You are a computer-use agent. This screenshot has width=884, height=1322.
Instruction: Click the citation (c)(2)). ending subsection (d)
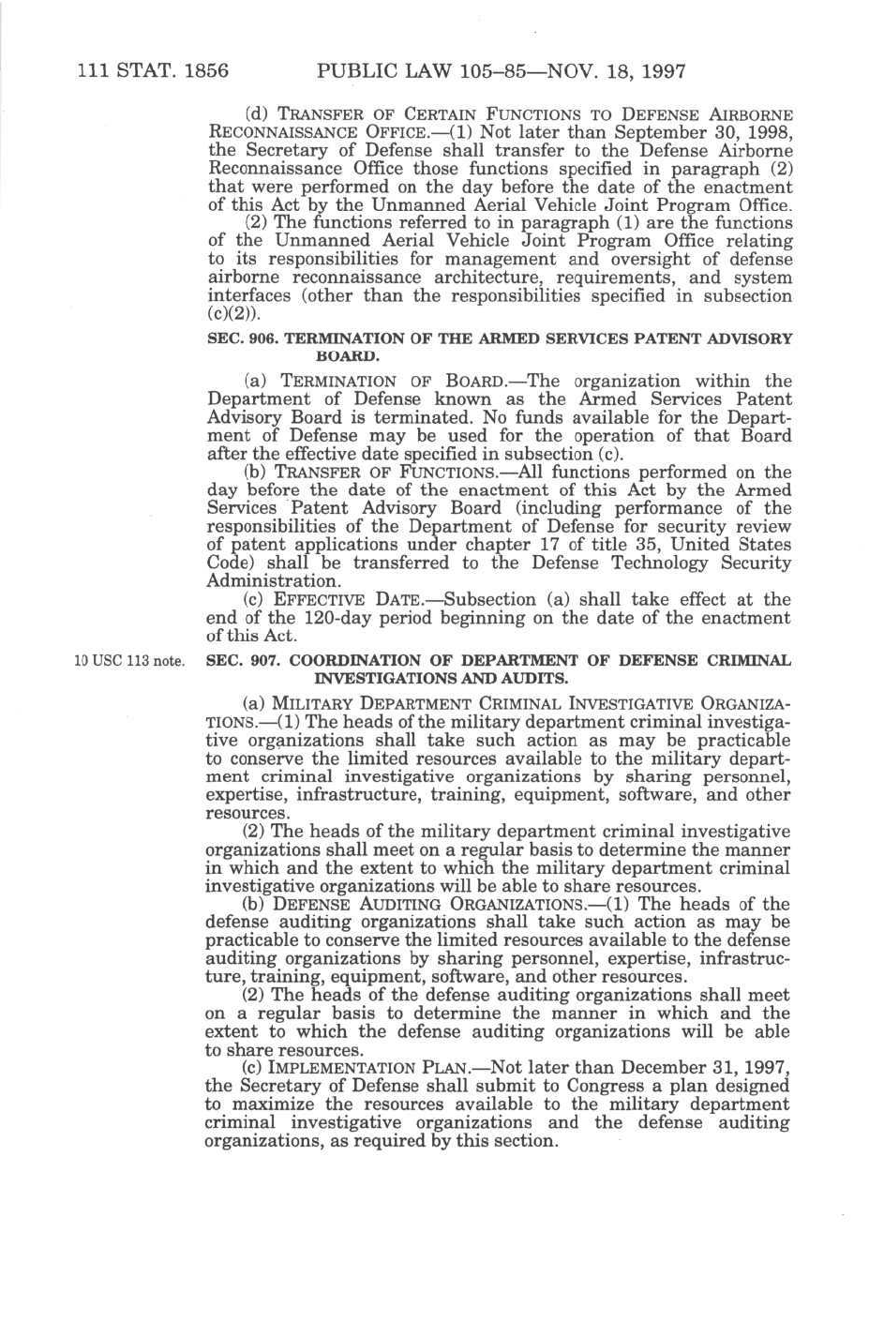pos(227,314)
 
